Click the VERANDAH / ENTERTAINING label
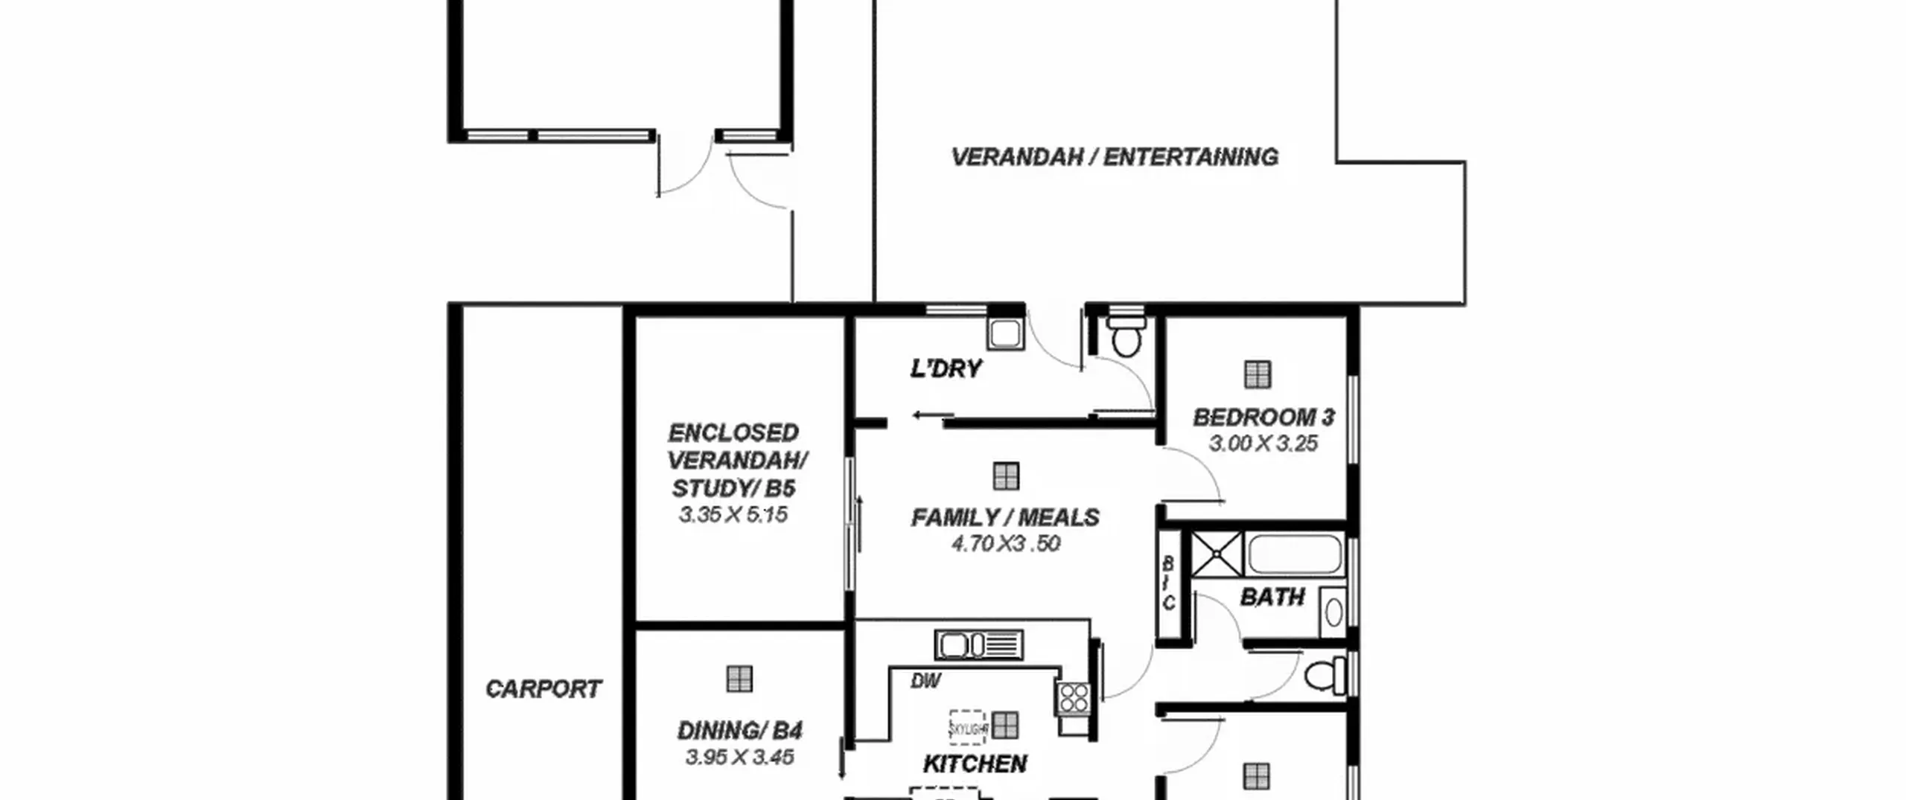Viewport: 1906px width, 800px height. click(1115, 157)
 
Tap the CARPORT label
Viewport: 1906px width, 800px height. click(543, 689)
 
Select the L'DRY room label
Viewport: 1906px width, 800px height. click(946, 368)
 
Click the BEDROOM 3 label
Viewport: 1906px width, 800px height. click(1263, 417)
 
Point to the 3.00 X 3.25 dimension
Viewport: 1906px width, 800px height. click(1263, 444)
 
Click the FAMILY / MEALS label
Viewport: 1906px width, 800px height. click(1005, 517)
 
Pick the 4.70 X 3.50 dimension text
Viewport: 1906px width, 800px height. click(1006, 543)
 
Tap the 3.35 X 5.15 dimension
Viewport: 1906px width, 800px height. click(733, 514)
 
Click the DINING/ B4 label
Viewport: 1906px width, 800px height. click(739, 731)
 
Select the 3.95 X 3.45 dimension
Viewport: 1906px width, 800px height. click(739, 758)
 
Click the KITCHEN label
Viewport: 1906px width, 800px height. click(975, 764)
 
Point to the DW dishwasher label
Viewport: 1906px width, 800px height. click(925, 680)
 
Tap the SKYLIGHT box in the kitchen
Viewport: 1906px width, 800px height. click(966, 726)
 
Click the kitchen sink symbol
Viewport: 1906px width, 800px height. click(978, 644)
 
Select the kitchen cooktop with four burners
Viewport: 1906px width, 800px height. click(1073, 699)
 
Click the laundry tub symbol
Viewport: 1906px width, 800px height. click(1005, 334)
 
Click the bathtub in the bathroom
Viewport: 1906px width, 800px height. click(1294, 554)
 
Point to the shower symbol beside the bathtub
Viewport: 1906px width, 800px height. click(1217, 554)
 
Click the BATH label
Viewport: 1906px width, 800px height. click(1272, 597)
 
